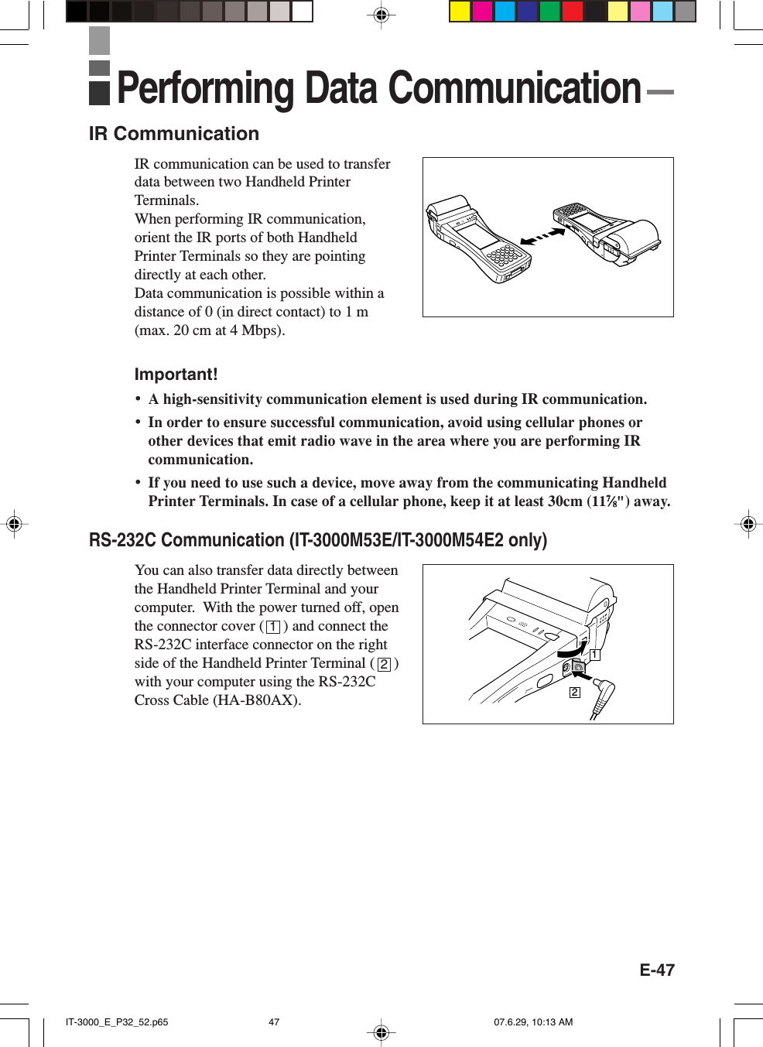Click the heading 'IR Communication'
[173, 134]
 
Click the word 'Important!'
[176, 375]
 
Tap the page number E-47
[656, 970]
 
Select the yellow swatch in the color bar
[460, 12]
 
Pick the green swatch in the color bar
[549, 12]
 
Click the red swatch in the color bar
[572, 12]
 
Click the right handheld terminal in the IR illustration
[607, 230]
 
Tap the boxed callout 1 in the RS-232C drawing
[594, 655]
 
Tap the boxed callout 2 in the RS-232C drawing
[574, 692]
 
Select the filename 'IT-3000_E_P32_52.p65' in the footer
[117, 1022]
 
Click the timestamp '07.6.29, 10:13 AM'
[533, 1022]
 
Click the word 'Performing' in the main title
[205, 88]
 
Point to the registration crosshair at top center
[381, 15]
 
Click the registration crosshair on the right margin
[748, 524]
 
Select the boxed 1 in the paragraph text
[273, 627]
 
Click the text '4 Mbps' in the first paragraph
[255, 330]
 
